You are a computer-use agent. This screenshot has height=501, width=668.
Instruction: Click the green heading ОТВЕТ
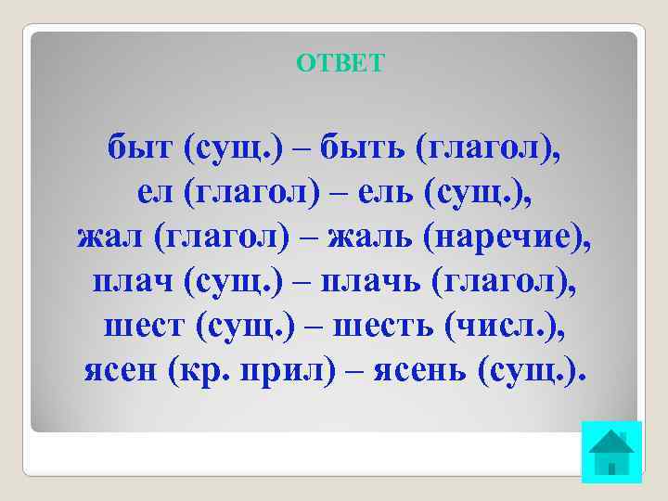click(x=340, y=63)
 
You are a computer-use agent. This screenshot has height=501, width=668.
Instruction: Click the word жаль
click(x=377, y=238)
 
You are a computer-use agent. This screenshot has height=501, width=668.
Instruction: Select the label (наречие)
click(x=507, y=238)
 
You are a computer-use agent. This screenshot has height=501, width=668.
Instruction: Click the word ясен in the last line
click(x=122, y=371)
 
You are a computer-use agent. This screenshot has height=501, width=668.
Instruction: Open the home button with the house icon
click(x=611, y=452)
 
